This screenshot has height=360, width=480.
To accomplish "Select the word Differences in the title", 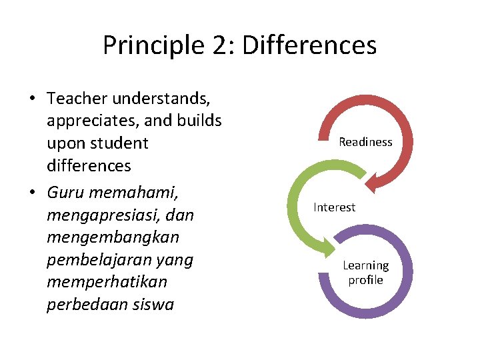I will (x=310, y=45).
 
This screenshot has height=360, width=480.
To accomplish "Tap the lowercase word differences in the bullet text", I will (x=89, y=166).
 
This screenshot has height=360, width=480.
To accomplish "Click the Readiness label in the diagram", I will (x=365, y=142).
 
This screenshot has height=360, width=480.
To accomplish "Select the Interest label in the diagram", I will (x=335, y=207).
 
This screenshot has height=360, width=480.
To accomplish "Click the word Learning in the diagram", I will (x=365, y=265).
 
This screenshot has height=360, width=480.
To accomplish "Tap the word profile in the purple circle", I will (x=365, y=280).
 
